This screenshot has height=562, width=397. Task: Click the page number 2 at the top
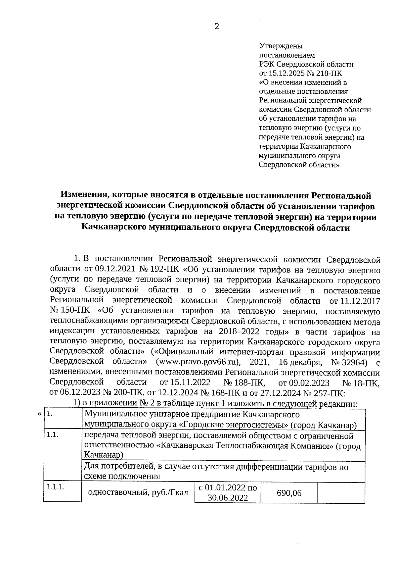(x=217, y=26)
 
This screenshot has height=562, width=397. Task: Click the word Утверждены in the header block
(x=281, y=46)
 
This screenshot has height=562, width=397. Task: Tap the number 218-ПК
(x=330, y=73)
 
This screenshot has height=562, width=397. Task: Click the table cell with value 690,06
(x=289, y=493)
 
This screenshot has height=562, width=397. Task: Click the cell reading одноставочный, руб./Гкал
(x=138, y=493)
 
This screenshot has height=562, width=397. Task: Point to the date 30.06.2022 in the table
(x=228, y=498)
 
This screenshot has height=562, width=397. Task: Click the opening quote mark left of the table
(x=40, y=414)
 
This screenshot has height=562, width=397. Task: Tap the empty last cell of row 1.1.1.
(x=341, y=493)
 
